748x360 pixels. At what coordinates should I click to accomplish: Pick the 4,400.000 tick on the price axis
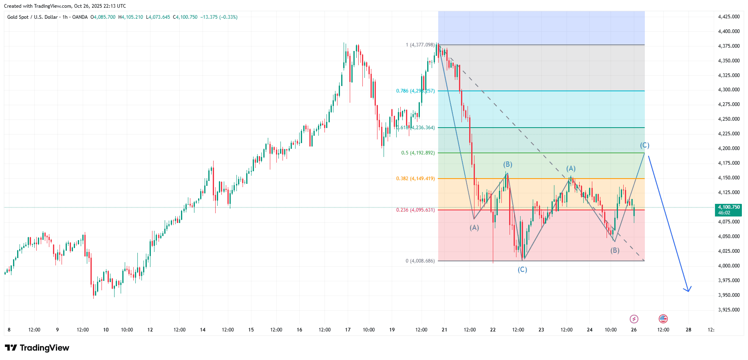pos(729,31)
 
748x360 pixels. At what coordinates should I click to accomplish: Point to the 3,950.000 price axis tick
pos(729,295)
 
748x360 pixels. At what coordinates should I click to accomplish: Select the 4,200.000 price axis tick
pos(729,148)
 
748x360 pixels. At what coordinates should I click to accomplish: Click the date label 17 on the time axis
pos(348,330)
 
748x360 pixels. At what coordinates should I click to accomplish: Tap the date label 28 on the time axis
pos(688,330)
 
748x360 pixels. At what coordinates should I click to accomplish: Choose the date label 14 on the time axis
pos(203,330)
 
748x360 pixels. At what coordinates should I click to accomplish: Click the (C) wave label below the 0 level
pos(522,269)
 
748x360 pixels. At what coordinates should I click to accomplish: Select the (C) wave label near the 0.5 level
pos(644,145)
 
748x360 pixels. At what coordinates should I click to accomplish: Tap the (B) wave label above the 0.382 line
pos(507,164)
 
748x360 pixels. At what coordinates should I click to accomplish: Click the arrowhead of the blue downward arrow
pos(688,290)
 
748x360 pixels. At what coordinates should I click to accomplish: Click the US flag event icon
pos(663,319)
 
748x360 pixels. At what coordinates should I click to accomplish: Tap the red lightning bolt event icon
pos(634,319)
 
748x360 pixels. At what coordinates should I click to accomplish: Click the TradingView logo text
pos(37,348)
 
